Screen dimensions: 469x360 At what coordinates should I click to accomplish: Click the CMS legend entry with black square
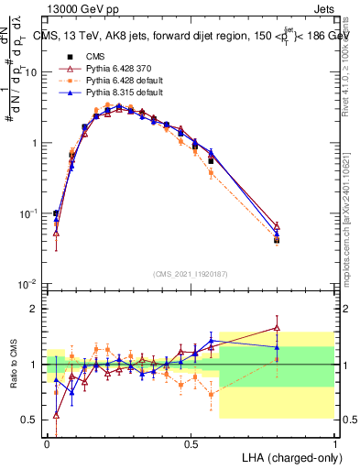pos(96,57)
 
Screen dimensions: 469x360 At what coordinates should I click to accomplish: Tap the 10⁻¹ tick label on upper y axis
pos(29,213)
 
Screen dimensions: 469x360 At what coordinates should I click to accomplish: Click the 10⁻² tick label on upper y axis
pos(29,284)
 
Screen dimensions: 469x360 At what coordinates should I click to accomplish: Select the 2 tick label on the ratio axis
pos(35,309)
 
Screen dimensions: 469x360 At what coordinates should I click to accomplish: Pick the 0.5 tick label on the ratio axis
pos(31,420)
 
